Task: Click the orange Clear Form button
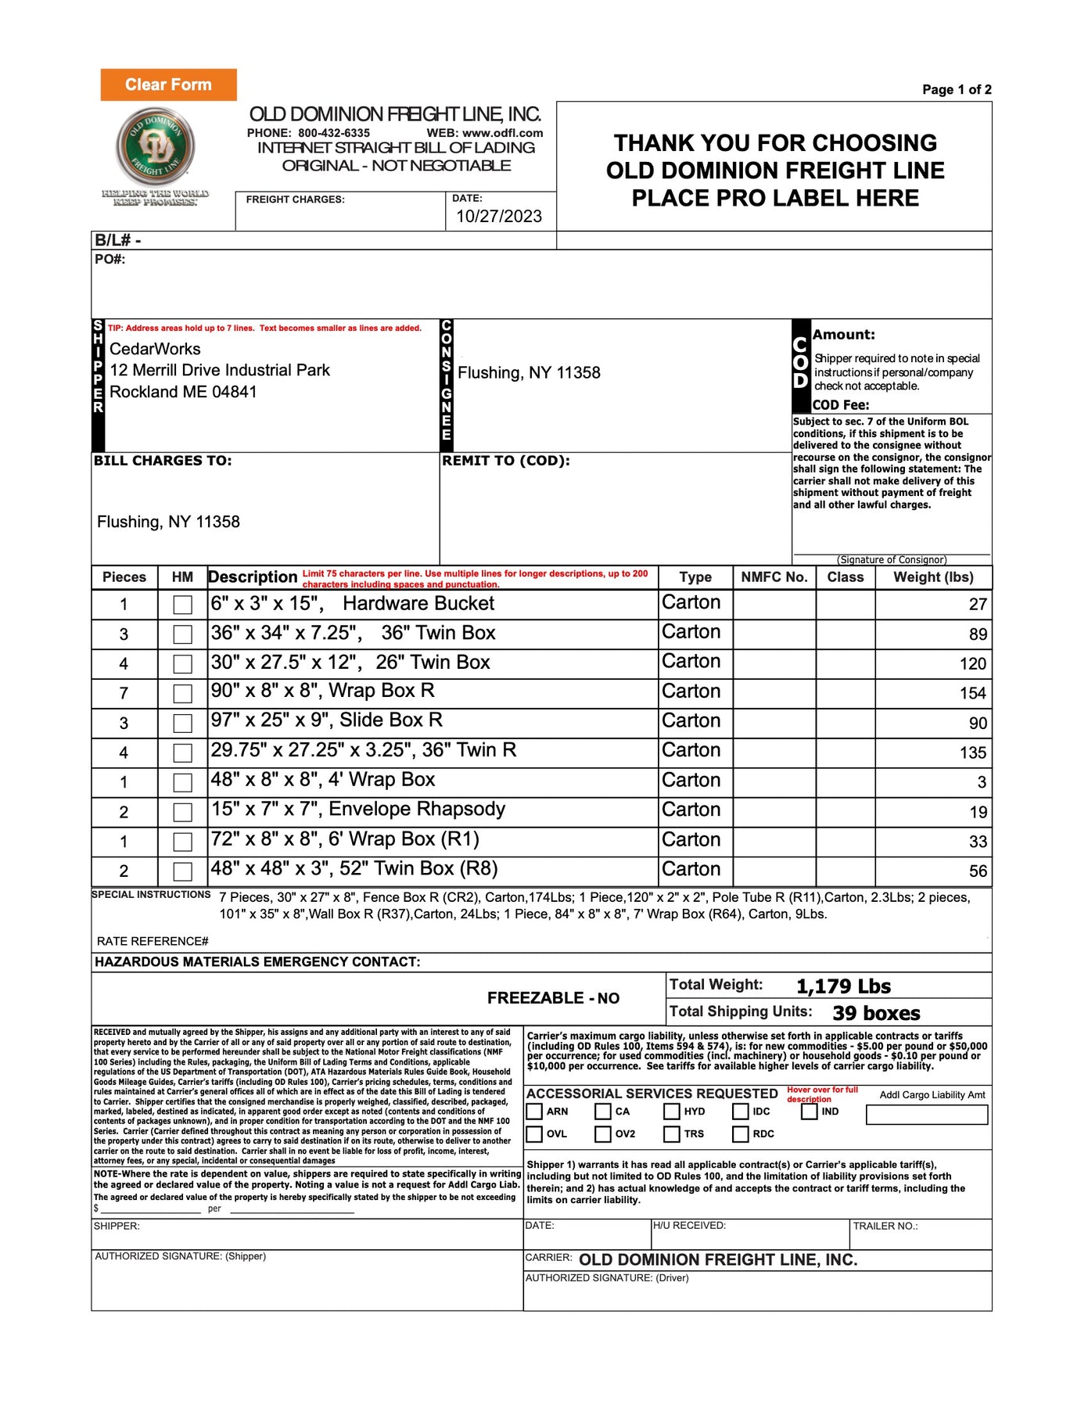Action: point(168,84)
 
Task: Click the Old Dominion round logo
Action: point(155,146)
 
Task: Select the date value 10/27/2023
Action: point(499,217)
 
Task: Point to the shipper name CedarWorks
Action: point(155,349)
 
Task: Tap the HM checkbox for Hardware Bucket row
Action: point(182,605)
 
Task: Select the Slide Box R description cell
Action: point(433,720)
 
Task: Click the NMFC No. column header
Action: point(774,577)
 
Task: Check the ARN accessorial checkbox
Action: point(534,1112)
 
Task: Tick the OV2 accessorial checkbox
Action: point(603,1134)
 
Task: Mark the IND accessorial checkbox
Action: point(810,1112)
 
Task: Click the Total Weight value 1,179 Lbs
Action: point(843,986)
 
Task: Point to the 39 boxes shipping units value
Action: point(876,1014)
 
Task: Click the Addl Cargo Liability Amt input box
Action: point(927,1115)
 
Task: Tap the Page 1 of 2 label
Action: point(956,90)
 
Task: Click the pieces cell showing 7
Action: point(124,693)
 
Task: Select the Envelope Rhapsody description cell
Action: point(433,810)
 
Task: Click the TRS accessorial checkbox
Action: point(672,1134)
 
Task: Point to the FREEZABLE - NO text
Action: point(553,998)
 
